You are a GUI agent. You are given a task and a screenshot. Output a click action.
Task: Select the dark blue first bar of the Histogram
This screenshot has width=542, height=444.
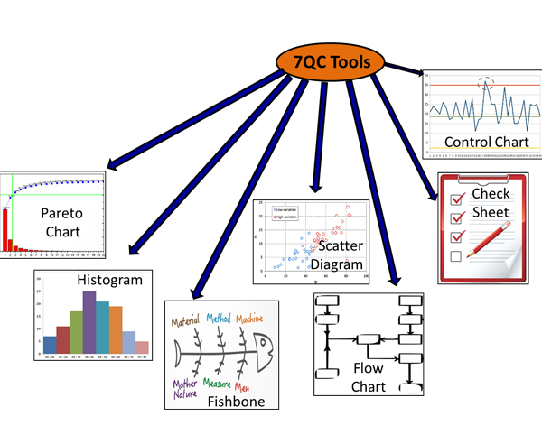tap(50, 344)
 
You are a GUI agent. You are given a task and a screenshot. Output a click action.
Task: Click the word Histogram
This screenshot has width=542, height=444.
tap(109, 281)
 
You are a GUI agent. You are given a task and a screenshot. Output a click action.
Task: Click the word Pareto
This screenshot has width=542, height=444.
tap(62, 214)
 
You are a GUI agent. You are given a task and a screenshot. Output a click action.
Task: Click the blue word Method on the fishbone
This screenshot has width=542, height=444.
tap(218, 319)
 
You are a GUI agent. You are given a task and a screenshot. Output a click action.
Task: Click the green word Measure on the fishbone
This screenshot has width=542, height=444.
tap(220, 383)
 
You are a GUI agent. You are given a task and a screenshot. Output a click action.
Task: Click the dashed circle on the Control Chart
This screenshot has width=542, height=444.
tap(487, 84)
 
